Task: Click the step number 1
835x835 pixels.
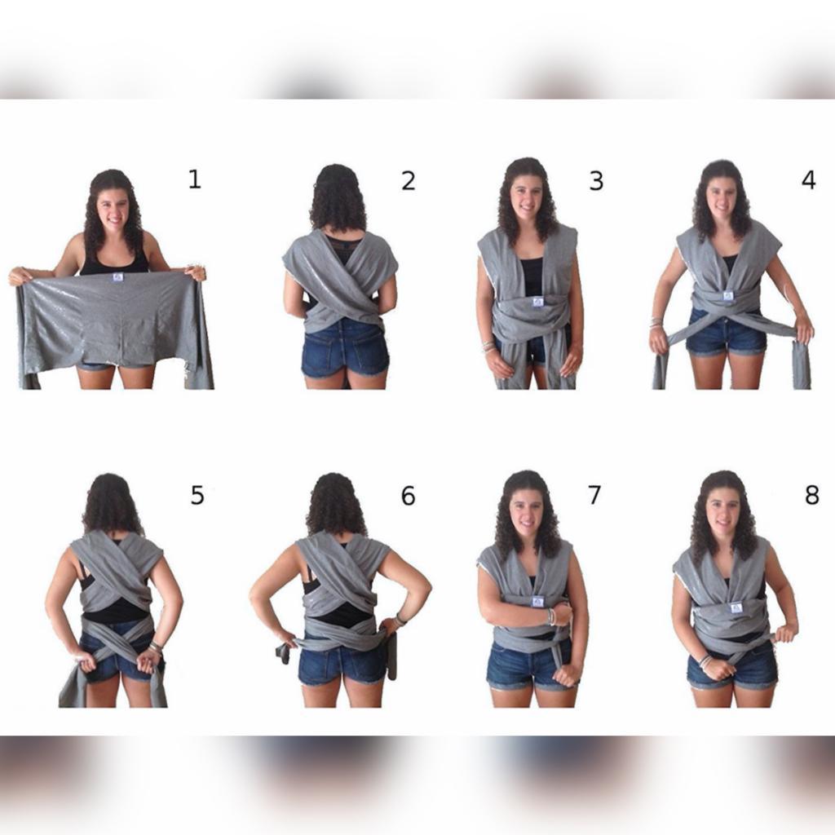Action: coord(195,179)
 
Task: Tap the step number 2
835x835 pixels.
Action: coord(408,181)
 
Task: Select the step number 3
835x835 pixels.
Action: coord(596,181)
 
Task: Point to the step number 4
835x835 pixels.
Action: coord(808,180)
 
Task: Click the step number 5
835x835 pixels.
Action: coord(197,495)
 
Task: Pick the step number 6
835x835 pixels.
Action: coord(408,496)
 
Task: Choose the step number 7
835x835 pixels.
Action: coord(594,494)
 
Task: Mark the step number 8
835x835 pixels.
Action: coord(811,495)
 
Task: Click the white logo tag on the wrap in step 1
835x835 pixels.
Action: coord(118,277)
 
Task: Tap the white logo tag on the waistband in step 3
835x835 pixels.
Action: coord(537,303)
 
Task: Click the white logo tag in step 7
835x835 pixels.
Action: coord(537,602)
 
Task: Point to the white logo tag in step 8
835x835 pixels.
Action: coord(737,607)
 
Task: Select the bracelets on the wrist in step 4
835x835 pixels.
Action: coord(656,323)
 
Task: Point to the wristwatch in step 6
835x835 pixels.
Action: coord(400,620)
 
